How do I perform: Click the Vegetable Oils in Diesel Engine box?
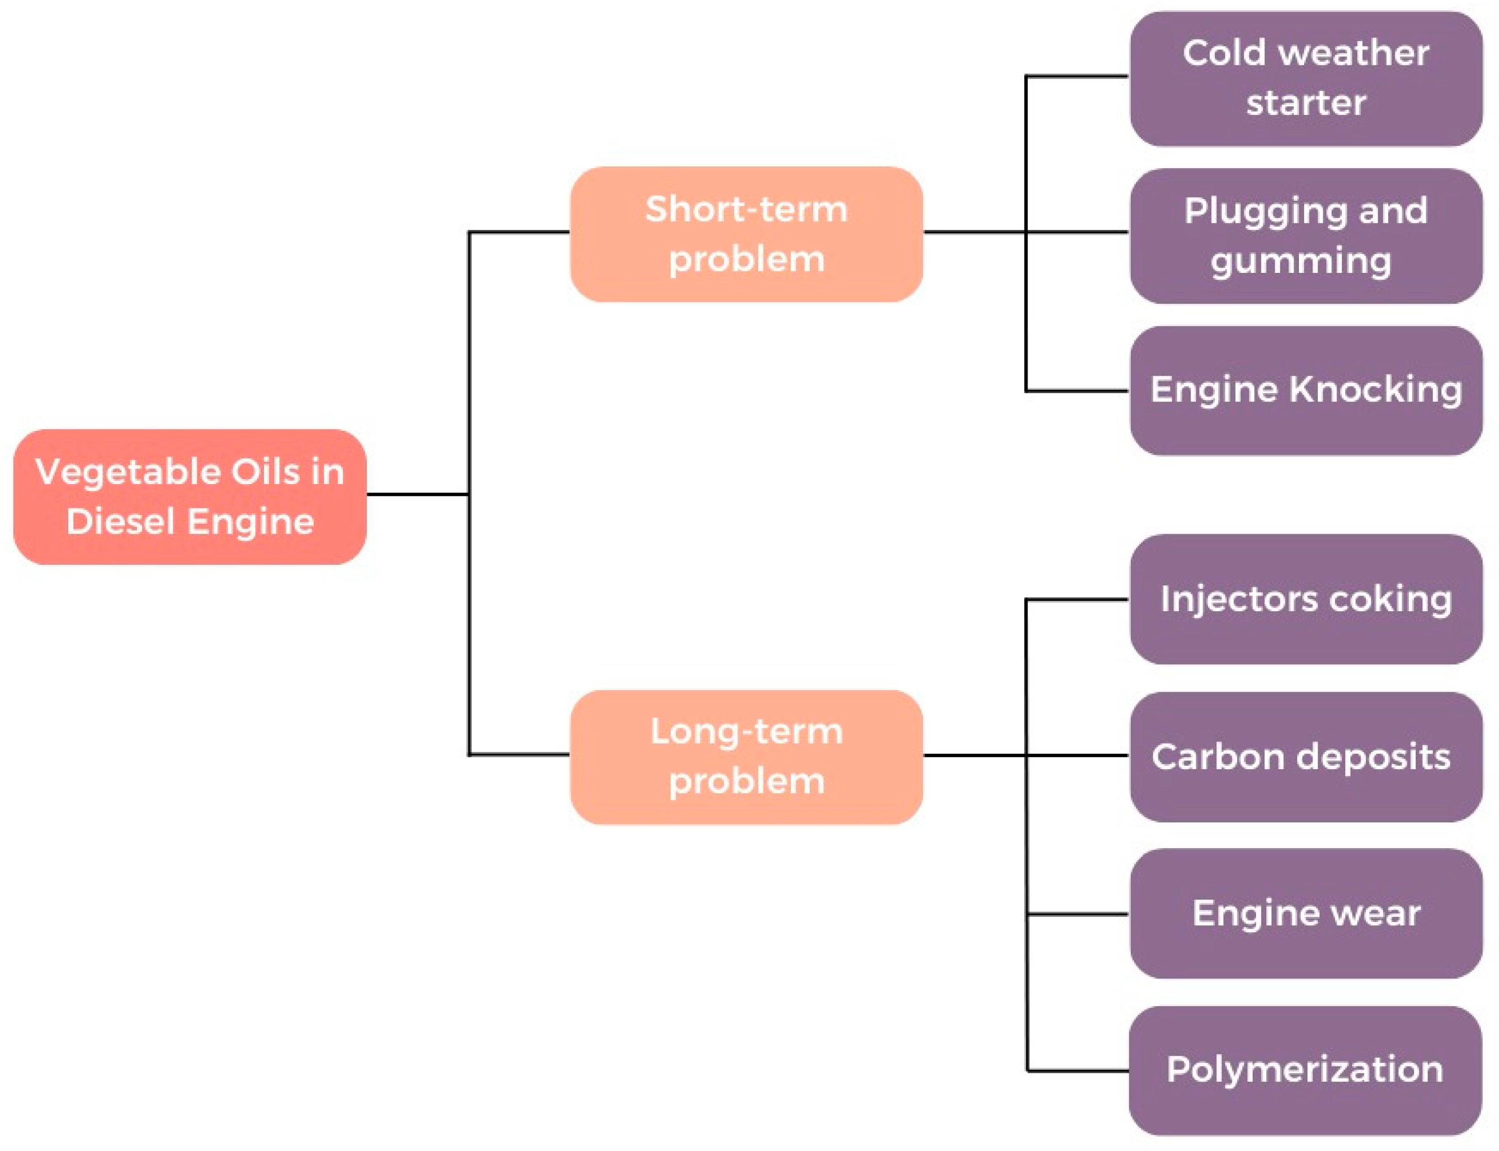190,497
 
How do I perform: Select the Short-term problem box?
746,234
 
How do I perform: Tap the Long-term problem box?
746,757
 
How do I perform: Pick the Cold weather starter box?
1305,78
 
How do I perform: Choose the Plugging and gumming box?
1305,236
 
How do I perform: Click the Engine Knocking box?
1305,391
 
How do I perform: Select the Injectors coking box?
1305,599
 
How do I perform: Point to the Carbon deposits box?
1305,757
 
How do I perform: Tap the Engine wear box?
1305,913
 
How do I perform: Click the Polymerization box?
1305,1070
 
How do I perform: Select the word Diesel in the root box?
121,522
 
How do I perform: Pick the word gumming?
1300,262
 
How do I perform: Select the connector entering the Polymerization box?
1077,1070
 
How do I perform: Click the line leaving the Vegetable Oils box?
417,493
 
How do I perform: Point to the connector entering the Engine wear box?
1077,914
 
